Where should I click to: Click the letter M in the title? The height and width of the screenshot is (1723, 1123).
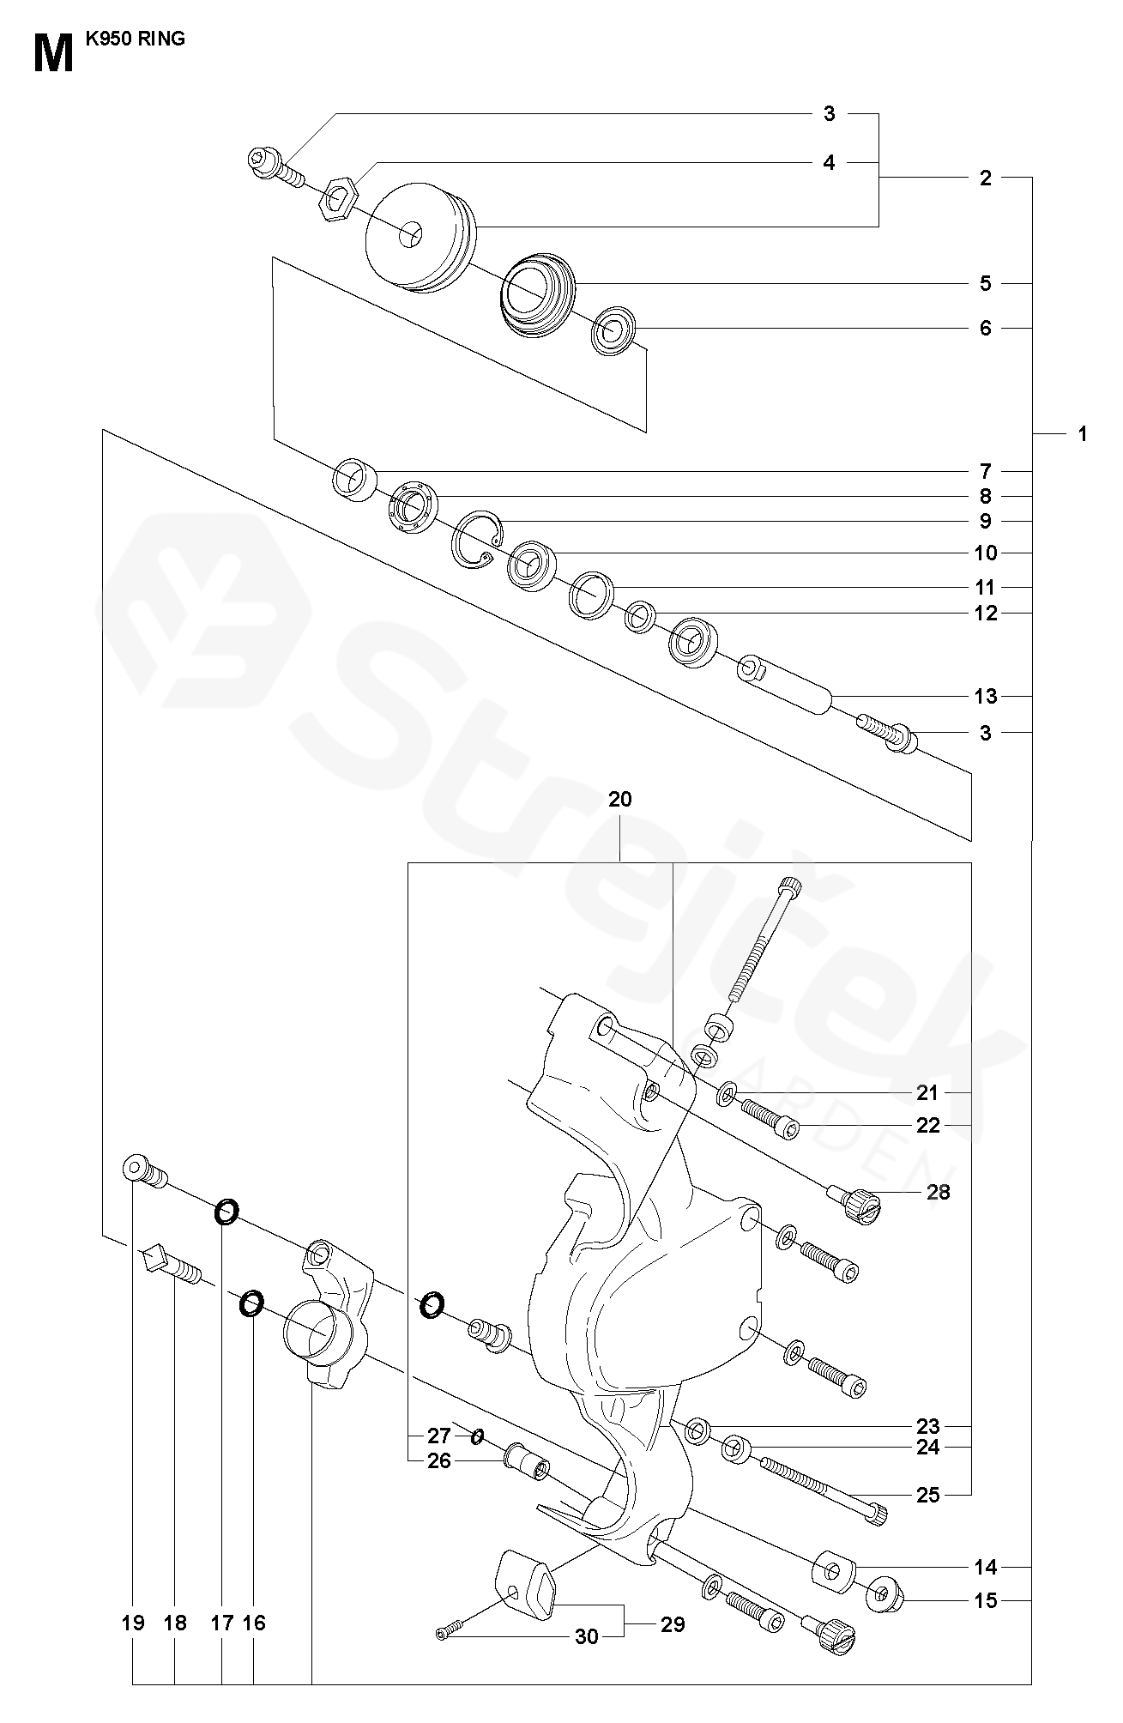point(54,54)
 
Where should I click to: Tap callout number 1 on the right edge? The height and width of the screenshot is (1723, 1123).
point(1082,434)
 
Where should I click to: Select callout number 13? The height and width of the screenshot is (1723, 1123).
point(986,696)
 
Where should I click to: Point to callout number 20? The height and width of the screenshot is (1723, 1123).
point(619,800)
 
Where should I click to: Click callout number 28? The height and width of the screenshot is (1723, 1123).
point(939,1192)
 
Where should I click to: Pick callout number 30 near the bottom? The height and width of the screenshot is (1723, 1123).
point(586,1637)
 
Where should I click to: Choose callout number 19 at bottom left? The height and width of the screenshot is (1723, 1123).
point(132,1623)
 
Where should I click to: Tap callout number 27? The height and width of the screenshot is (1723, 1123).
point(438,1436)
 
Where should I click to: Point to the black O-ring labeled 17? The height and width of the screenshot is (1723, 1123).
point(226,1212)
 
